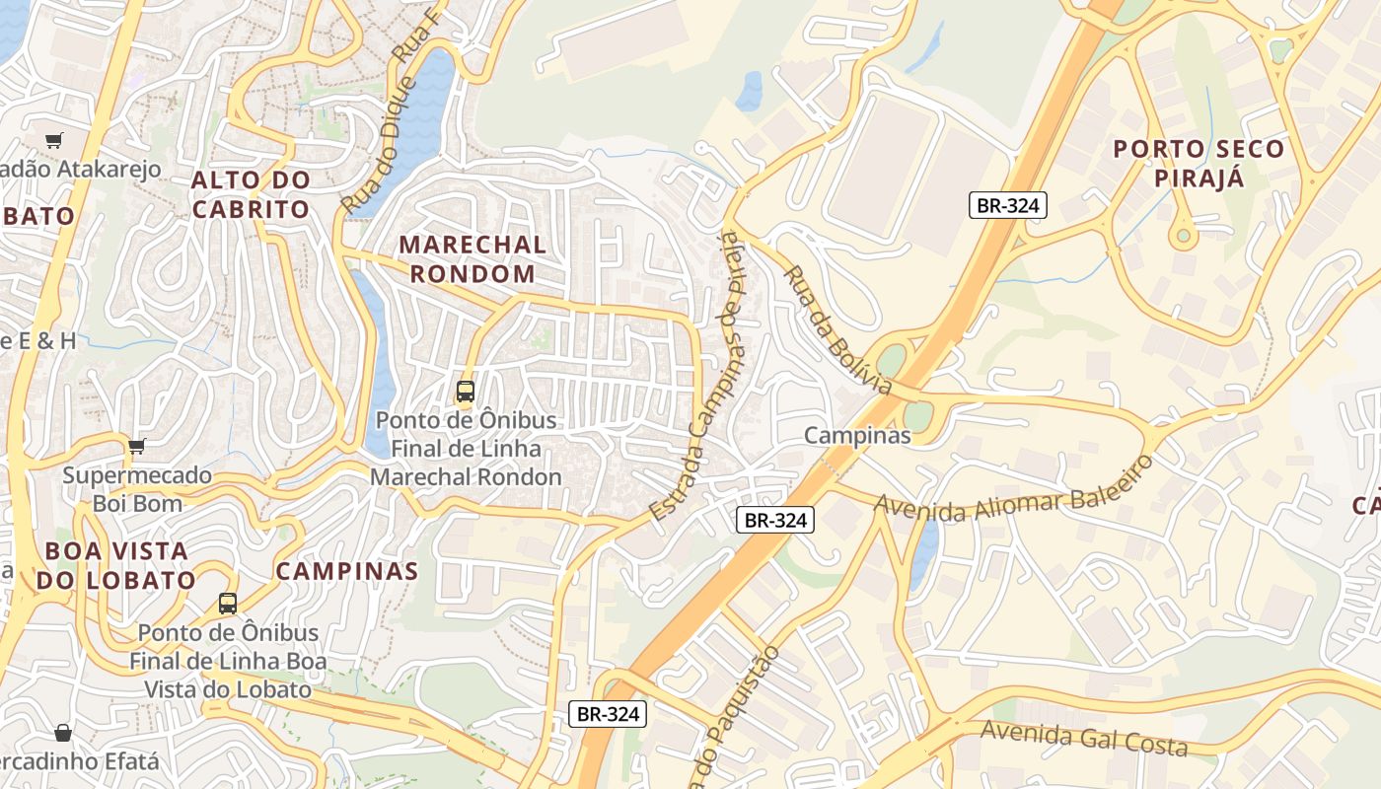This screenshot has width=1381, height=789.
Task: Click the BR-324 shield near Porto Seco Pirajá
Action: (x=1006, y=205)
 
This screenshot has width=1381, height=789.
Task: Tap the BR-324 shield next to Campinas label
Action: (x=775, y=520)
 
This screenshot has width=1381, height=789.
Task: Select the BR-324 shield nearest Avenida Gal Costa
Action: (x=608, y=714)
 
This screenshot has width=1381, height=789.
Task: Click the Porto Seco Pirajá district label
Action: (x=1199, y=163)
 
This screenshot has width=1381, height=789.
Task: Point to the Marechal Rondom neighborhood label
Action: (x=472, y=258)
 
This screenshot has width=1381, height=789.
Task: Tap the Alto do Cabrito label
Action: (x=251, y=194)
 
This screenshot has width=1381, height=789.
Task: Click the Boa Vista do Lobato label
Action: (x=115, y=564)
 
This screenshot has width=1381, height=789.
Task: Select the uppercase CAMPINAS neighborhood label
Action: (x=346, y=570)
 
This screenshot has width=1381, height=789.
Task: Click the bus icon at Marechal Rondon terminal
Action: (x=466, y=392)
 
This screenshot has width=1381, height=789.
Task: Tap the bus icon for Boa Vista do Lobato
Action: (x=228, y=603)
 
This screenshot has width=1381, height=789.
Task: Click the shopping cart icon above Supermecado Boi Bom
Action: (x=136, y=447)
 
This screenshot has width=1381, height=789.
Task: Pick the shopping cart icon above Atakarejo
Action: (x=53, y=141)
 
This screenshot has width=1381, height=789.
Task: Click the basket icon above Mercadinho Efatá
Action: (x=63, y=733)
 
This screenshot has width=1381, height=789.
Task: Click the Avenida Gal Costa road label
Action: (x=1084, y=738)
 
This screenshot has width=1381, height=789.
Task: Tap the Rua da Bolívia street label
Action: (x=836, y=328)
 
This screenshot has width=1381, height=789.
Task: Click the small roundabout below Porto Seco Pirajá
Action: (x=1182, y=236)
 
